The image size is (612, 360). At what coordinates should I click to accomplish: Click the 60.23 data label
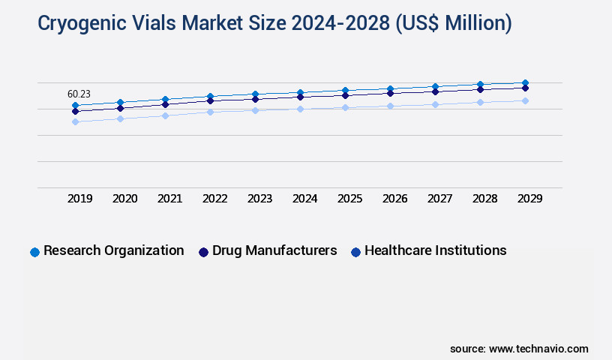point(79,94)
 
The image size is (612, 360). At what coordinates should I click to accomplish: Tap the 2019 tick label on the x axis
point(79,199)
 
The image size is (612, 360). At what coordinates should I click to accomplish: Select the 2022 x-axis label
point(214,199)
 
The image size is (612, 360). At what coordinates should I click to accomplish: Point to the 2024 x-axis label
point(304,199)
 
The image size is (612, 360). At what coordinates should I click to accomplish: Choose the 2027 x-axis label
point(439,199)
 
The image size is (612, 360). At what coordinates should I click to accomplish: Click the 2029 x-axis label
point(529,199)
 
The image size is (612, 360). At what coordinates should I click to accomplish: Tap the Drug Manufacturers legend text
point(274,250)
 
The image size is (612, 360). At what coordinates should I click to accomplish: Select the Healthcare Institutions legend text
point(435,250)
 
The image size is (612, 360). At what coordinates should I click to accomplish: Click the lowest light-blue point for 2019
point(75,121)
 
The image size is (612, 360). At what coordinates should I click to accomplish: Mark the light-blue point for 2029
point(525,100)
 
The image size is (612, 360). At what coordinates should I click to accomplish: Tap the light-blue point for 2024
point(300,109)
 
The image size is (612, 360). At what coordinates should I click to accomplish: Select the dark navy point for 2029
point(525,88)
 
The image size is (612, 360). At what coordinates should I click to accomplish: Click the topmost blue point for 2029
point(525,82)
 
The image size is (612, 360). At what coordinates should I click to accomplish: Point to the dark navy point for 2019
point(75,111)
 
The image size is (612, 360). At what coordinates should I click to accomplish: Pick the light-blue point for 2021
point(165,115)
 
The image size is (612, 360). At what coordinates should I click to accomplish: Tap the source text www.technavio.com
point(538,349)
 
